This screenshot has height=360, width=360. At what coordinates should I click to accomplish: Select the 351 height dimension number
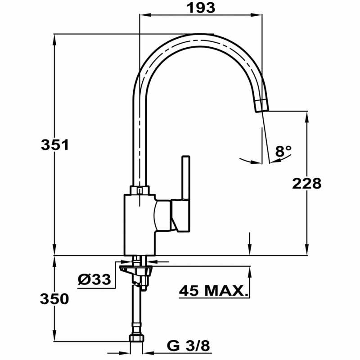point(54,145)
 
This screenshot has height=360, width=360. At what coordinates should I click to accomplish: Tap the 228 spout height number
point(307,184)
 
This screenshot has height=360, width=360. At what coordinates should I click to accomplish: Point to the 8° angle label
point(283,151)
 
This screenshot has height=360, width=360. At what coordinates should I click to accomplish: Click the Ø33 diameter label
point(94,279)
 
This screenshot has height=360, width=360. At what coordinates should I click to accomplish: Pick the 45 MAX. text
point(214,291)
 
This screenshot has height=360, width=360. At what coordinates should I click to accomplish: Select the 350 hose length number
point(54,298)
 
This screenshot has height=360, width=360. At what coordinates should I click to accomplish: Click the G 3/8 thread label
point(189,346)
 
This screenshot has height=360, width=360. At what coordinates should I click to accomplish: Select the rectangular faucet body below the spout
point(139,223)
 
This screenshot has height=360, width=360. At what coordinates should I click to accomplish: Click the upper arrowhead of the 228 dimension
point(307,115)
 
